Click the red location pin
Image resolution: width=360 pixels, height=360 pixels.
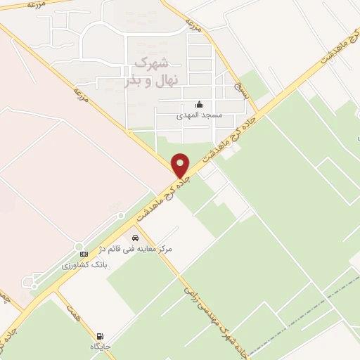(x=181, y=165)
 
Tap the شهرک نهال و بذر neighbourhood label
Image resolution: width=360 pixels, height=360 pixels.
(x=147, y=70)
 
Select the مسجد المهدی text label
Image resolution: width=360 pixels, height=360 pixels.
(x=198, y=114)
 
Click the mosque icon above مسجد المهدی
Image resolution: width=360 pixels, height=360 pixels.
(x=199, y=105)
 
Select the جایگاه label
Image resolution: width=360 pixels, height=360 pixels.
(x=100, y=347)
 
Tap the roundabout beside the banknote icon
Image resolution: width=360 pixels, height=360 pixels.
(x=79, y=246)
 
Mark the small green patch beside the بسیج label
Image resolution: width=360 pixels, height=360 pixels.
(x=254, y=85)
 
